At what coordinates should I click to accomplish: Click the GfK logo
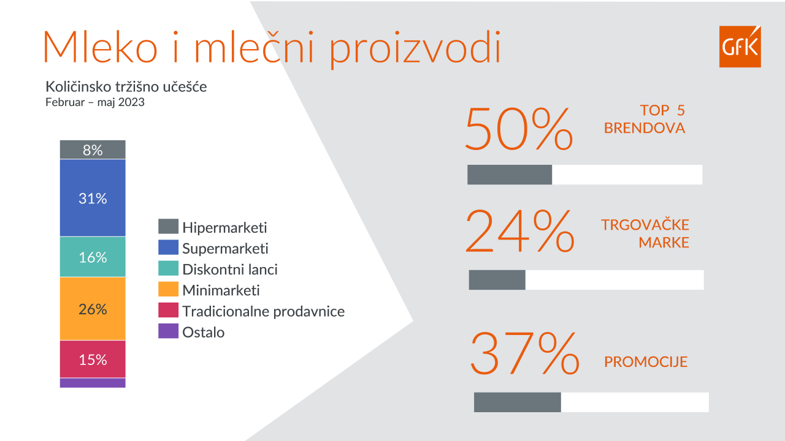(x=740, y=47)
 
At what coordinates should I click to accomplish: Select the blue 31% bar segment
(x=93, y=198)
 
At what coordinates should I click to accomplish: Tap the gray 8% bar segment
(x=93, y=149)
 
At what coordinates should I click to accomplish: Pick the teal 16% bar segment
(x=93, y=257)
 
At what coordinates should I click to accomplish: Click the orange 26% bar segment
(x=93, y=309)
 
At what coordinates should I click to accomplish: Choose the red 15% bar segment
(x=93, y=359)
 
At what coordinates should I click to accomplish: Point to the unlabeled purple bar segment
(x=93, y=383)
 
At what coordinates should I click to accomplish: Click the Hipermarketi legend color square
(x=168, y=227)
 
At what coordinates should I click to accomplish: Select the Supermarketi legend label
(x=225, y=248)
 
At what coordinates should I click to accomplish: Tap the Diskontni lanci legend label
(x=230, y=269)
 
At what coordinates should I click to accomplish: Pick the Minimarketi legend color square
(x=168, y=289)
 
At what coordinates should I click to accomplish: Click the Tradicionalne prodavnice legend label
(x=263, y=311)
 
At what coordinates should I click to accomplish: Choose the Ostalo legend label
(x=203, y=332)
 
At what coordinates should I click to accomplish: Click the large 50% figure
(x=519, y=129)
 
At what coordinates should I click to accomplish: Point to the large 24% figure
(x=520, y=232)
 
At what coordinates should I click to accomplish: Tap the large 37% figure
(x=524, y=353)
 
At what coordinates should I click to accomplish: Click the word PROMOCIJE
(x=646, y=362)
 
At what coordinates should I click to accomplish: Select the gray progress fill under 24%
(x=497, y=280)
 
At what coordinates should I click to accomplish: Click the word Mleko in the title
(x=100, y=45)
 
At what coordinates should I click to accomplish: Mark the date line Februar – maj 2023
(x=95, y=102)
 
